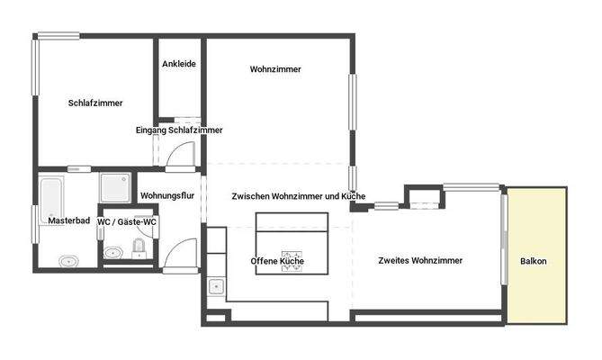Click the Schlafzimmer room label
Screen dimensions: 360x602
[95, 103]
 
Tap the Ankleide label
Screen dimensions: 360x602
[179, 64]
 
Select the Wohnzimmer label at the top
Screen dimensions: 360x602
[275, 69]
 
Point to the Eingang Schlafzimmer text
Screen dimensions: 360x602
[179, 130]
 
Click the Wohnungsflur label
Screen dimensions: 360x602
[167, 196]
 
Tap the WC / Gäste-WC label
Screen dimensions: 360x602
[127, 221]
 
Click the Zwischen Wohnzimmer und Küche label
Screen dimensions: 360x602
[298, 196]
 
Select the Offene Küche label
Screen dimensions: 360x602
[277, 262]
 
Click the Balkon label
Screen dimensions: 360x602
[534, 262]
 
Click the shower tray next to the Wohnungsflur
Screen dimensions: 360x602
[114, 187]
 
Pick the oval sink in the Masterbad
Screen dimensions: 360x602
[67, 262]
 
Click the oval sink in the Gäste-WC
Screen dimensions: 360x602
[112, 253]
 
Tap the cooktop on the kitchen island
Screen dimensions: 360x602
[293, 260]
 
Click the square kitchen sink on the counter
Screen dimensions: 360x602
[216, 288]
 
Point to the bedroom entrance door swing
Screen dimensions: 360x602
[179, 157]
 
